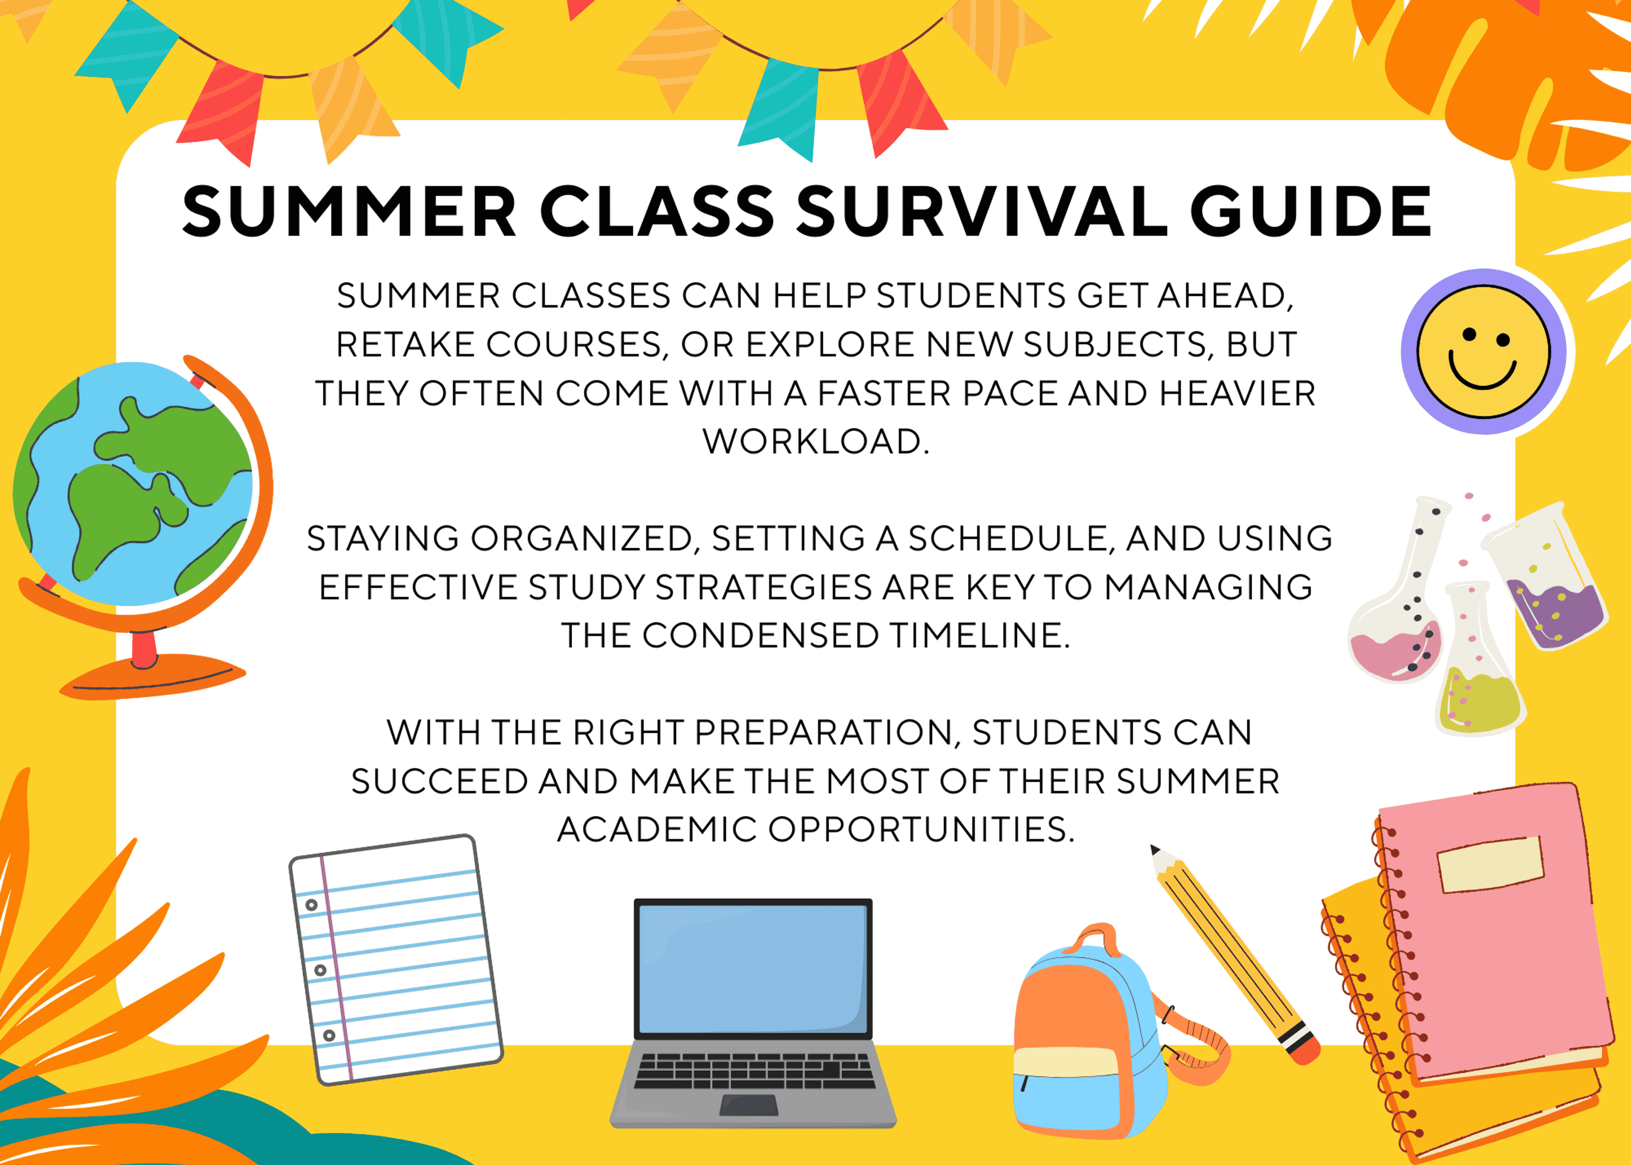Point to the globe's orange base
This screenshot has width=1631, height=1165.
click(x=152, y=676)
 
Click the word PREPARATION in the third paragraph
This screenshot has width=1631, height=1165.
click(x=821, y=732)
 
